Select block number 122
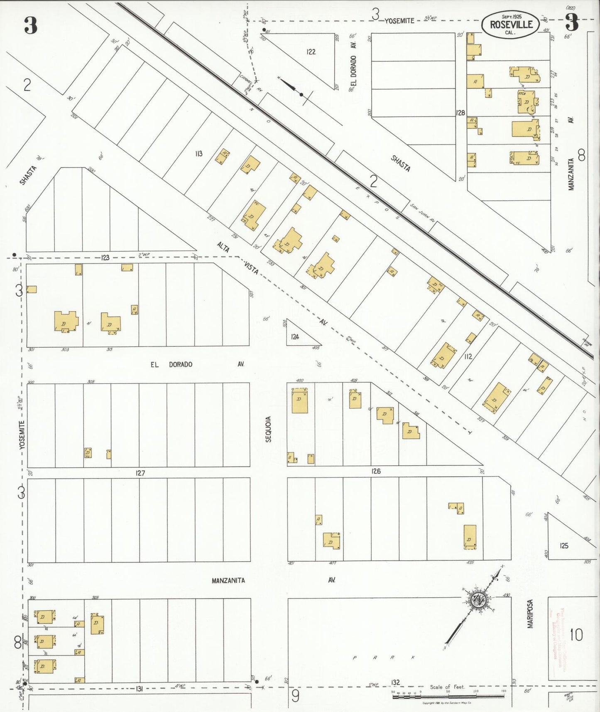click(311, 52)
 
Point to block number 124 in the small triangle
click(295, 337)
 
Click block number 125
click(563, 546)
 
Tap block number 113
click(199, 154)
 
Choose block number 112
click(468, 356)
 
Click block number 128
click(460, 113)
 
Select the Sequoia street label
click(269, 429)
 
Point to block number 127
click(140, 473)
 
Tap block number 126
click(376, 471)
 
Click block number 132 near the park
click(395, 683)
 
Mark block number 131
click(140, 689)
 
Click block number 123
click(105, 258)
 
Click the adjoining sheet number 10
click(576, 635)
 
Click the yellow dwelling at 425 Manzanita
click(470, 537)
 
